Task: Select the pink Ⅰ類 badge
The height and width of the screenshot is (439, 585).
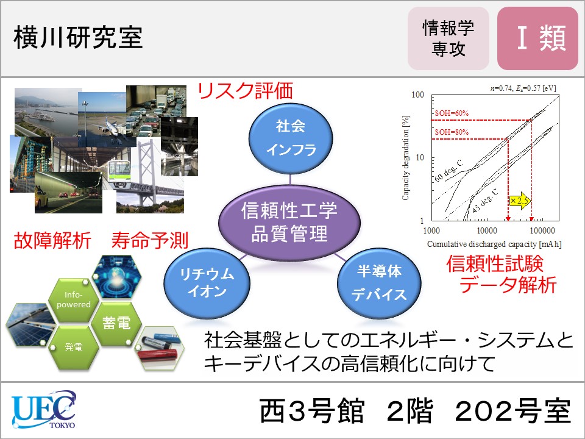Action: [x=537, y=38]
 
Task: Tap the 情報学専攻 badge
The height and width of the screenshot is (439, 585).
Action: [x=448, y=38]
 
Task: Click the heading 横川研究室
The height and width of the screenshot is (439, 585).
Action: [x=78, y=37]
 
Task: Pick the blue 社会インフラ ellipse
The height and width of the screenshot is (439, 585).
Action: [x=291, y=138]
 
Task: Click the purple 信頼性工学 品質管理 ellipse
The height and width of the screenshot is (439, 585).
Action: [x=289, y=223]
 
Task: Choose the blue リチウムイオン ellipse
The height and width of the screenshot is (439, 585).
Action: [x=207, y=283]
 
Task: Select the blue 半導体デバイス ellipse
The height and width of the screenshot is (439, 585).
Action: [x=378, y=283]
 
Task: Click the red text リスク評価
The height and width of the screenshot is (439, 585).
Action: [x=245, y=91]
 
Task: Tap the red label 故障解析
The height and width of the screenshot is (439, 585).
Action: [x=52, y=240]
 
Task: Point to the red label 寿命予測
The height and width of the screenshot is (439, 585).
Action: [x=150, y=240]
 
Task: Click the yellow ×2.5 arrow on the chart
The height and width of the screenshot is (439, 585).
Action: [x=520, y=201]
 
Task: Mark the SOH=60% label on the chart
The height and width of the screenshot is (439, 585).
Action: [x=452, y=113]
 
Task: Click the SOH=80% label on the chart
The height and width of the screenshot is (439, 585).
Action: [x=452, y=132]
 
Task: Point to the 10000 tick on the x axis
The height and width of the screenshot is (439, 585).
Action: [x=487, y=230]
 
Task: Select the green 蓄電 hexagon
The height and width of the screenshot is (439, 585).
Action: [x=117, y=323]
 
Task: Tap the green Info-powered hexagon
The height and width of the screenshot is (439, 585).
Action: [x=74, y=300]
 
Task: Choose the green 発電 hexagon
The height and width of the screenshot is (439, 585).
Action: [x=74, y=347]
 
